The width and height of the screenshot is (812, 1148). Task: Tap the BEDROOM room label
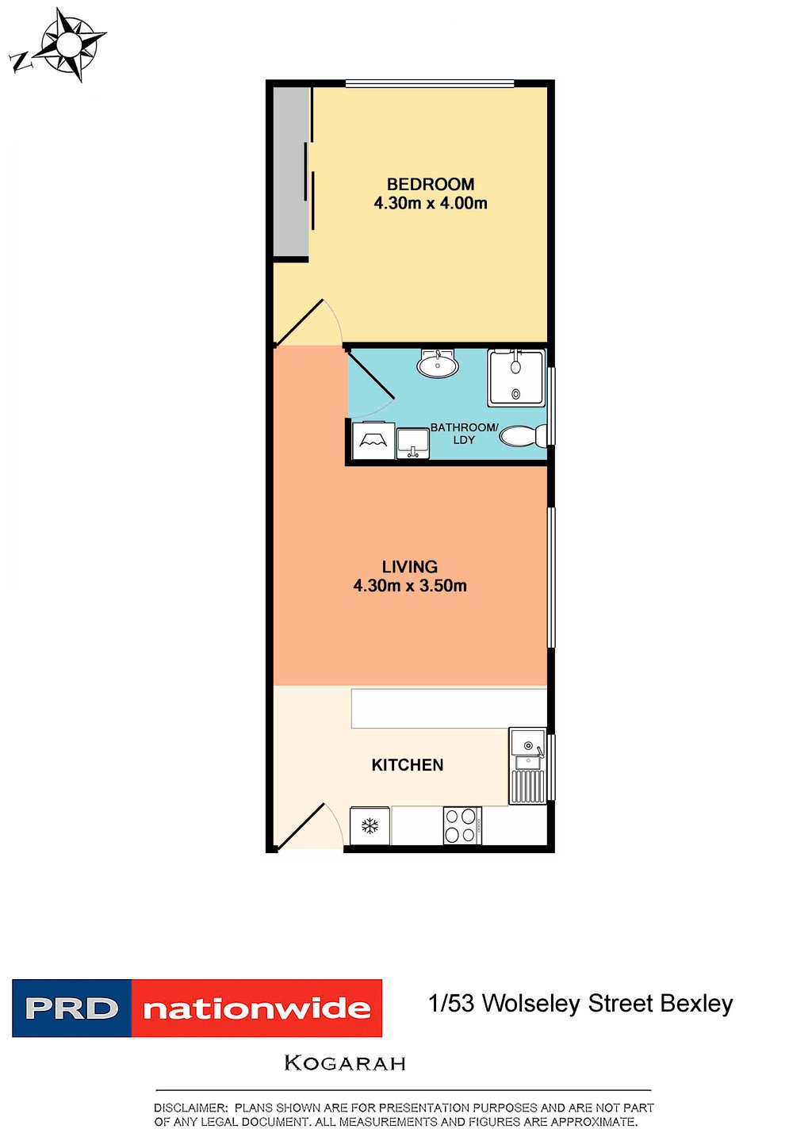430,184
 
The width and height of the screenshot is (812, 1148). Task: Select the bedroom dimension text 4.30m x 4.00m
430,204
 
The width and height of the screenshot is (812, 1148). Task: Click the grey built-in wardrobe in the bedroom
291,172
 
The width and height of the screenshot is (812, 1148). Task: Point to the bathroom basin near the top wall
437,363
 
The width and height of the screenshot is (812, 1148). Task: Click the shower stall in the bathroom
515,378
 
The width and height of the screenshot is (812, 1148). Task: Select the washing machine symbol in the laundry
373,440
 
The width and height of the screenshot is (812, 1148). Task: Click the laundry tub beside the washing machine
412,444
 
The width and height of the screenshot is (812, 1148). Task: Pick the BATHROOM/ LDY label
464,434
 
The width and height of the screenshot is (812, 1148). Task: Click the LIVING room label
410,567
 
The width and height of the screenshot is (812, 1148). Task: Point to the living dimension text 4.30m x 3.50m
410,586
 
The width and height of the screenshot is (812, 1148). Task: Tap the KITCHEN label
407,765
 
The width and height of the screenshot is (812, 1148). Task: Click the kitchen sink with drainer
527,766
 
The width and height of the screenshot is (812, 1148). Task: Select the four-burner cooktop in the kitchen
462,825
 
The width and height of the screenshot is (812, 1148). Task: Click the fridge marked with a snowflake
370,825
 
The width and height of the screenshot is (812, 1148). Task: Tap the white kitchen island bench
449,708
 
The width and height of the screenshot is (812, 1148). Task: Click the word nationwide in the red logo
257,1008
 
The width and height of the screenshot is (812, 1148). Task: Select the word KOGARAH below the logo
345,1063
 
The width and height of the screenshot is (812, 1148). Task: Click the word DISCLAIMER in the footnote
190,1108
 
